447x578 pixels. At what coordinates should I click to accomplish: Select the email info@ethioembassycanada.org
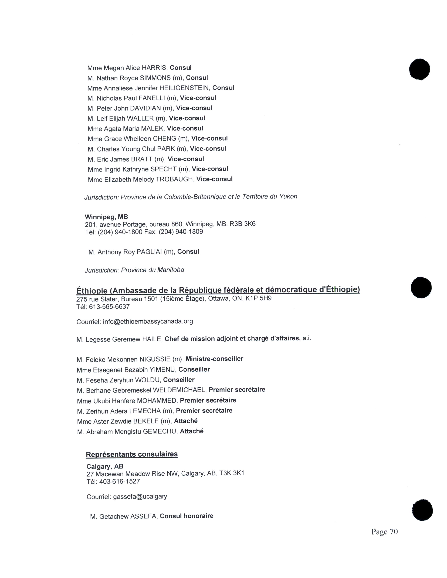(x=148, y=322)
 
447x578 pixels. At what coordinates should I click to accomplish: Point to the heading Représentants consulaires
(x=132, y=454)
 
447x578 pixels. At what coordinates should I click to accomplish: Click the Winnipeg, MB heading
(x=106, y=217)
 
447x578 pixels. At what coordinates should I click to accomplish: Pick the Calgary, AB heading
(x=105, y=467)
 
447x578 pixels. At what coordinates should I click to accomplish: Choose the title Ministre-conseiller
(x=214, y=359)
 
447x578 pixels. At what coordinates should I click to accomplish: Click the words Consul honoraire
(x=187, y=516)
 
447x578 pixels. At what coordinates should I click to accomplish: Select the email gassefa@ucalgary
(x=140, y=497)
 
